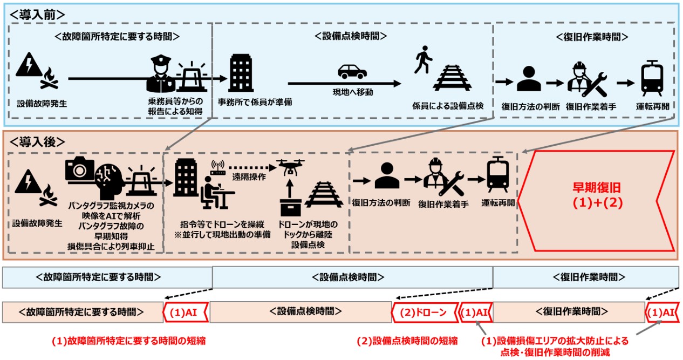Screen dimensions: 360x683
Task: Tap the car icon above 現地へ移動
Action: click(352, 72)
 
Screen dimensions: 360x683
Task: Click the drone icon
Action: click(290, 168)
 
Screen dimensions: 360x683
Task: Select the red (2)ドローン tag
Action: click(422, 311)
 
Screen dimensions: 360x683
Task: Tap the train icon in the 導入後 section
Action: click(497, 174)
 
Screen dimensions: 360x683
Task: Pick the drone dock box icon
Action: click(290, 206)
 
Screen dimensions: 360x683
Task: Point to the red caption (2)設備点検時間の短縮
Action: click(407, 341)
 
